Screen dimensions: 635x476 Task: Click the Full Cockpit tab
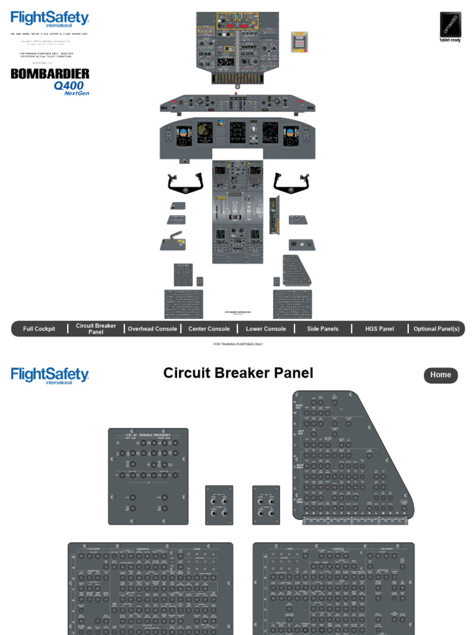[39, 329]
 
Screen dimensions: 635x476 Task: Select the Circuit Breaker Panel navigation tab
[96, 329]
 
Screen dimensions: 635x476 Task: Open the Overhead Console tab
[152, 329]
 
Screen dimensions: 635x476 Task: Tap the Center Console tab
[209, 329]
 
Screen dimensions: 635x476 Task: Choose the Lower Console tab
[266, 329]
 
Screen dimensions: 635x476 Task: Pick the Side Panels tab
[323, 329]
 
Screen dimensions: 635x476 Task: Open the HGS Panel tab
[379, 329]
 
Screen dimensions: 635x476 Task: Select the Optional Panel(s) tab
[436, 329]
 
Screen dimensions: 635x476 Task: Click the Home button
[441, 375]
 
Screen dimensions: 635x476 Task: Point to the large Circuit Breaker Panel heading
[238, 373]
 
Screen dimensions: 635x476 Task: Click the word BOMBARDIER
[50, 74]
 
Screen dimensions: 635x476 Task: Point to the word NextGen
[77, 94]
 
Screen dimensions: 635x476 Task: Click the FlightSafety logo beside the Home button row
[50, 375]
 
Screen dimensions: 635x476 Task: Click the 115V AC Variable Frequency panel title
[148, 435]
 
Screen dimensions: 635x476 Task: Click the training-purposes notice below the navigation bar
[238, 344]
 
